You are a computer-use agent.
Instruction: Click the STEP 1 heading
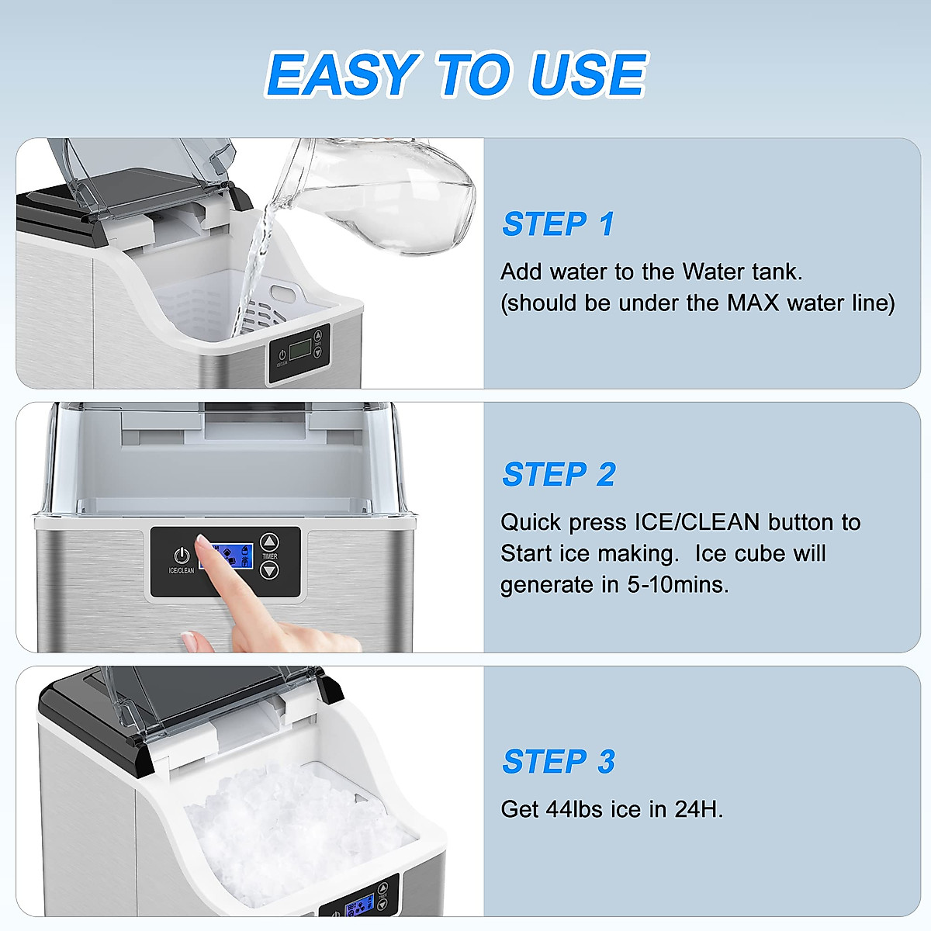click(x=558, y=223)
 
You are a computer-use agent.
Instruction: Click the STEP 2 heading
click(x=559, y=474)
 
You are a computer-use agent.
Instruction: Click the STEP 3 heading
click(x=559, y=761)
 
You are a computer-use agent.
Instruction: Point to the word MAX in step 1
click(x=753, y=303)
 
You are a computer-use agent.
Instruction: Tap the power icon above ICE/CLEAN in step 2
click(x=182, y=555)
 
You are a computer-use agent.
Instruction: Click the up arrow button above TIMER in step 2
click(x=269, y=542)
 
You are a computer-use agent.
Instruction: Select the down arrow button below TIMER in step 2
click(x=269, y=570)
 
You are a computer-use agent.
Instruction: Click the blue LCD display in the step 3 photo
click(x=361, y=909)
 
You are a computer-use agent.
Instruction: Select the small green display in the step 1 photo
click(x=300, y=349)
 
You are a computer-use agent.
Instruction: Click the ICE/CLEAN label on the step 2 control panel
click(x=182, y=570)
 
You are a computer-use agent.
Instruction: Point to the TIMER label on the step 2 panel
click(x=269, y=556)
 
